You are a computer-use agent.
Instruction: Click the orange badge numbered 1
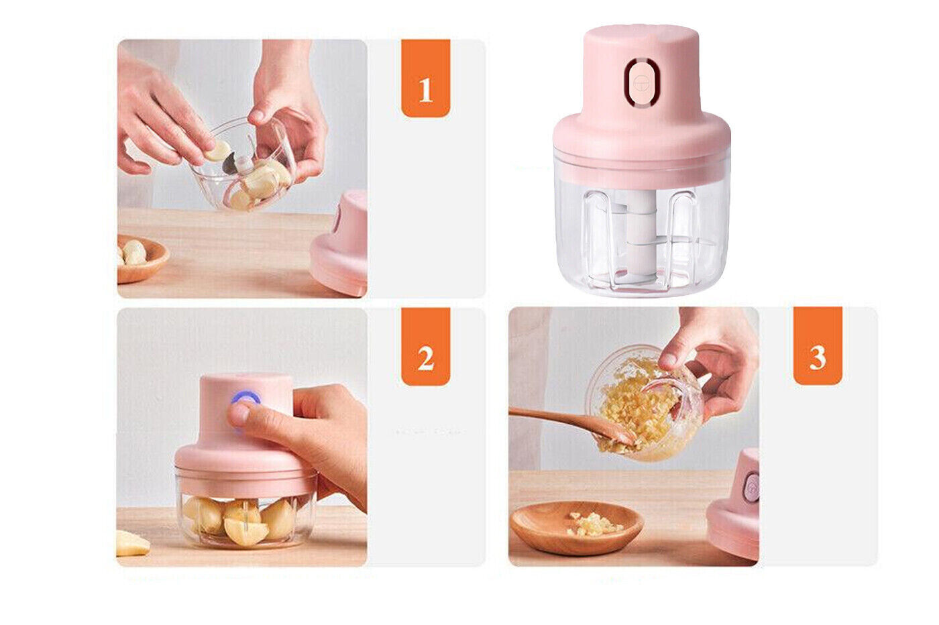(425, 78)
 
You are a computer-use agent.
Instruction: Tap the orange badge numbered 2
(425, 347)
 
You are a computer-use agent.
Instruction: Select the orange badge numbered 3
(818, 346)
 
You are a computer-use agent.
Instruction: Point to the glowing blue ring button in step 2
(245, 398)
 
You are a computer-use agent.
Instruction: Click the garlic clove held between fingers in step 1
(218, 150)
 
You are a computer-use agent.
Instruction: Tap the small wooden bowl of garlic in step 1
(142, 258)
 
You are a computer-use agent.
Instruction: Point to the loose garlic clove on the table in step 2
(131, 543)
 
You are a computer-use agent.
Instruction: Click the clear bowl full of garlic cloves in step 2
(246, 521)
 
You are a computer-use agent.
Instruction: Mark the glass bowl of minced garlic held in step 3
(645, 402)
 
